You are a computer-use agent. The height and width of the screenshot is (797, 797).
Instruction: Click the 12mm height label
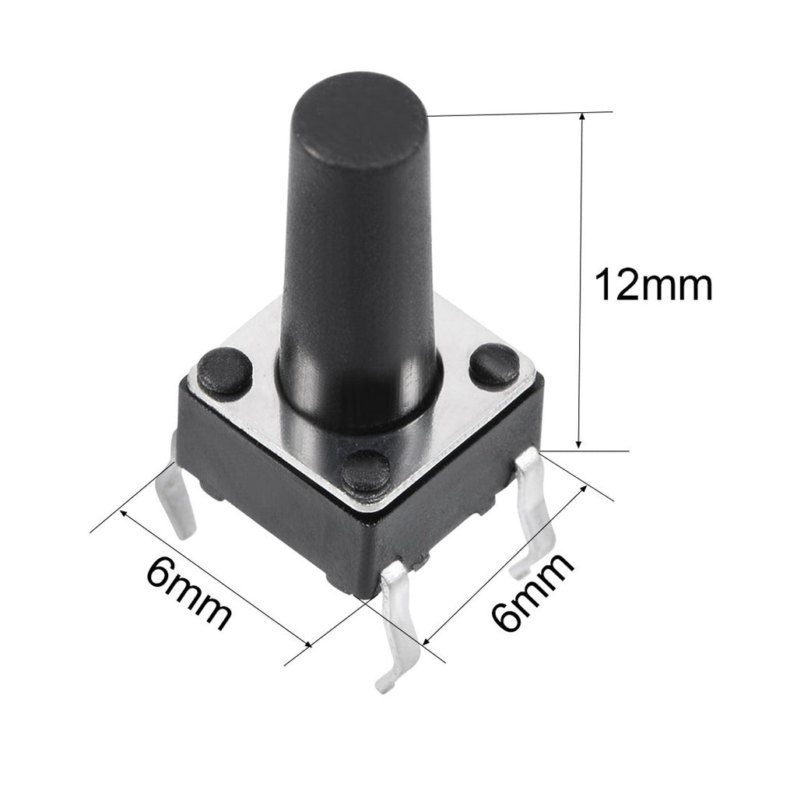click(x=652, y=286)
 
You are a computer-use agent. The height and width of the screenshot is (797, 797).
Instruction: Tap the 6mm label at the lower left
click(x=188, y=594)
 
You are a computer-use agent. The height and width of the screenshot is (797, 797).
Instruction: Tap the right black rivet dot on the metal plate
click(x=494, y=364)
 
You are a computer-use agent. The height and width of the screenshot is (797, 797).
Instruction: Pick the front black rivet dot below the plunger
click(x=366, y=469)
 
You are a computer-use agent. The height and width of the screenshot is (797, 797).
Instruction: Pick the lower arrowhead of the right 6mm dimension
click(x=427, y=642)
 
